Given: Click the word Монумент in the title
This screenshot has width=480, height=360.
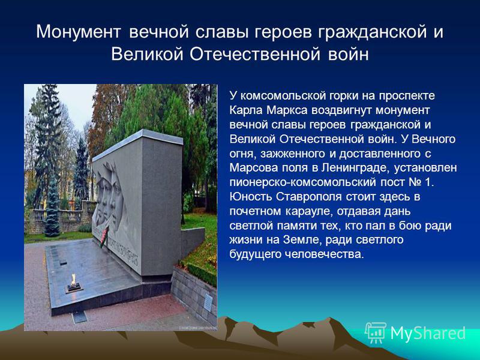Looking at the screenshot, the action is (78, 32).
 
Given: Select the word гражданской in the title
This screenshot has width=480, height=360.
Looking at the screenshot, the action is (371, 32).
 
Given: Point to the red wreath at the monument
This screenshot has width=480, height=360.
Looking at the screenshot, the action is (104, 236).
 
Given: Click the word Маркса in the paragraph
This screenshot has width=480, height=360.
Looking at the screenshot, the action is (287, 110).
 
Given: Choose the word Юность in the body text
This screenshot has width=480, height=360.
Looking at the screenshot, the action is (251, 197).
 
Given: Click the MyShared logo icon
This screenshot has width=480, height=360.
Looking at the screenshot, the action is (376, 333).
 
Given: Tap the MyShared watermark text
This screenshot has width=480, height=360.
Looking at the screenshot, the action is (428, 333).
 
